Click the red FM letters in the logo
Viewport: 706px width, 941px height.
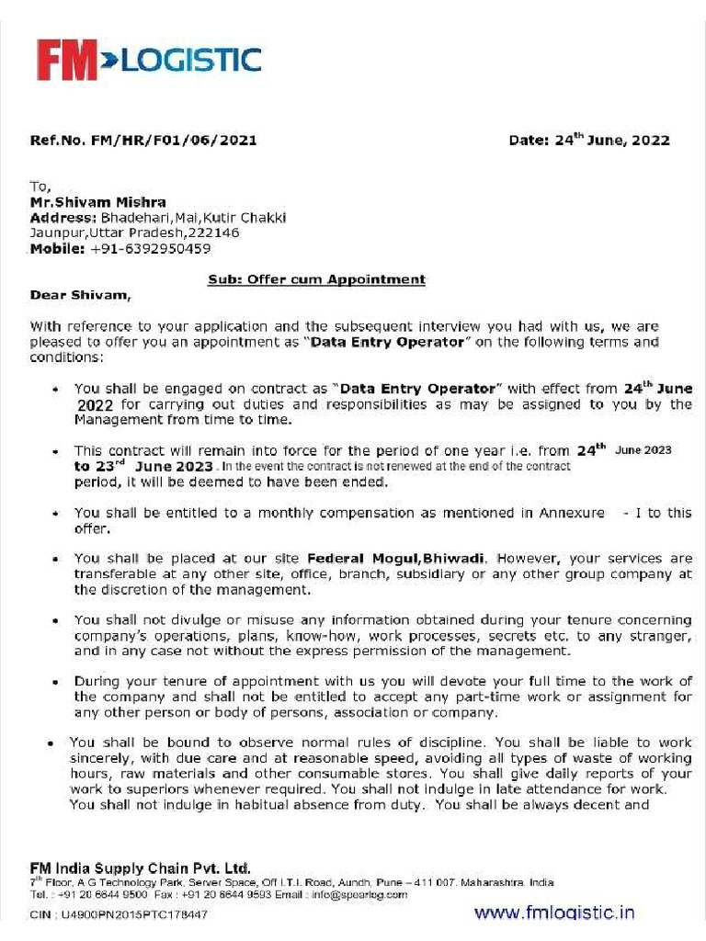tap(66, 61)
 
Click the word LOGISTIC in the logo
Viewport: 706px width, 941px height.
tap(191, 61)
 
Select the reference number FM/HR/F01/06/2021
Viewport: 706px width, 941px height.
tap(174, 141)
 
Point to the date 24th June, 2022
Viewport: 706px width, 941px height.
tap(611, 141)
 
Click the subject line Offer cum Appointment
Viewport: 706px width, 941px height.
tap(317, 279)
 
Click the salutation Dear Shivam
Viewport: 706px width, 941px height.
tap(81, 295)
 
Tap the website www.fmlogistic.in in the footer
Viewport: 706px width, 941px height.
tap(553, 913)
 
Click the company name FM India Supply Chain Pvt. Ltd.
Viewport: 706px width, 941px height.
tap(140, 867)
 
